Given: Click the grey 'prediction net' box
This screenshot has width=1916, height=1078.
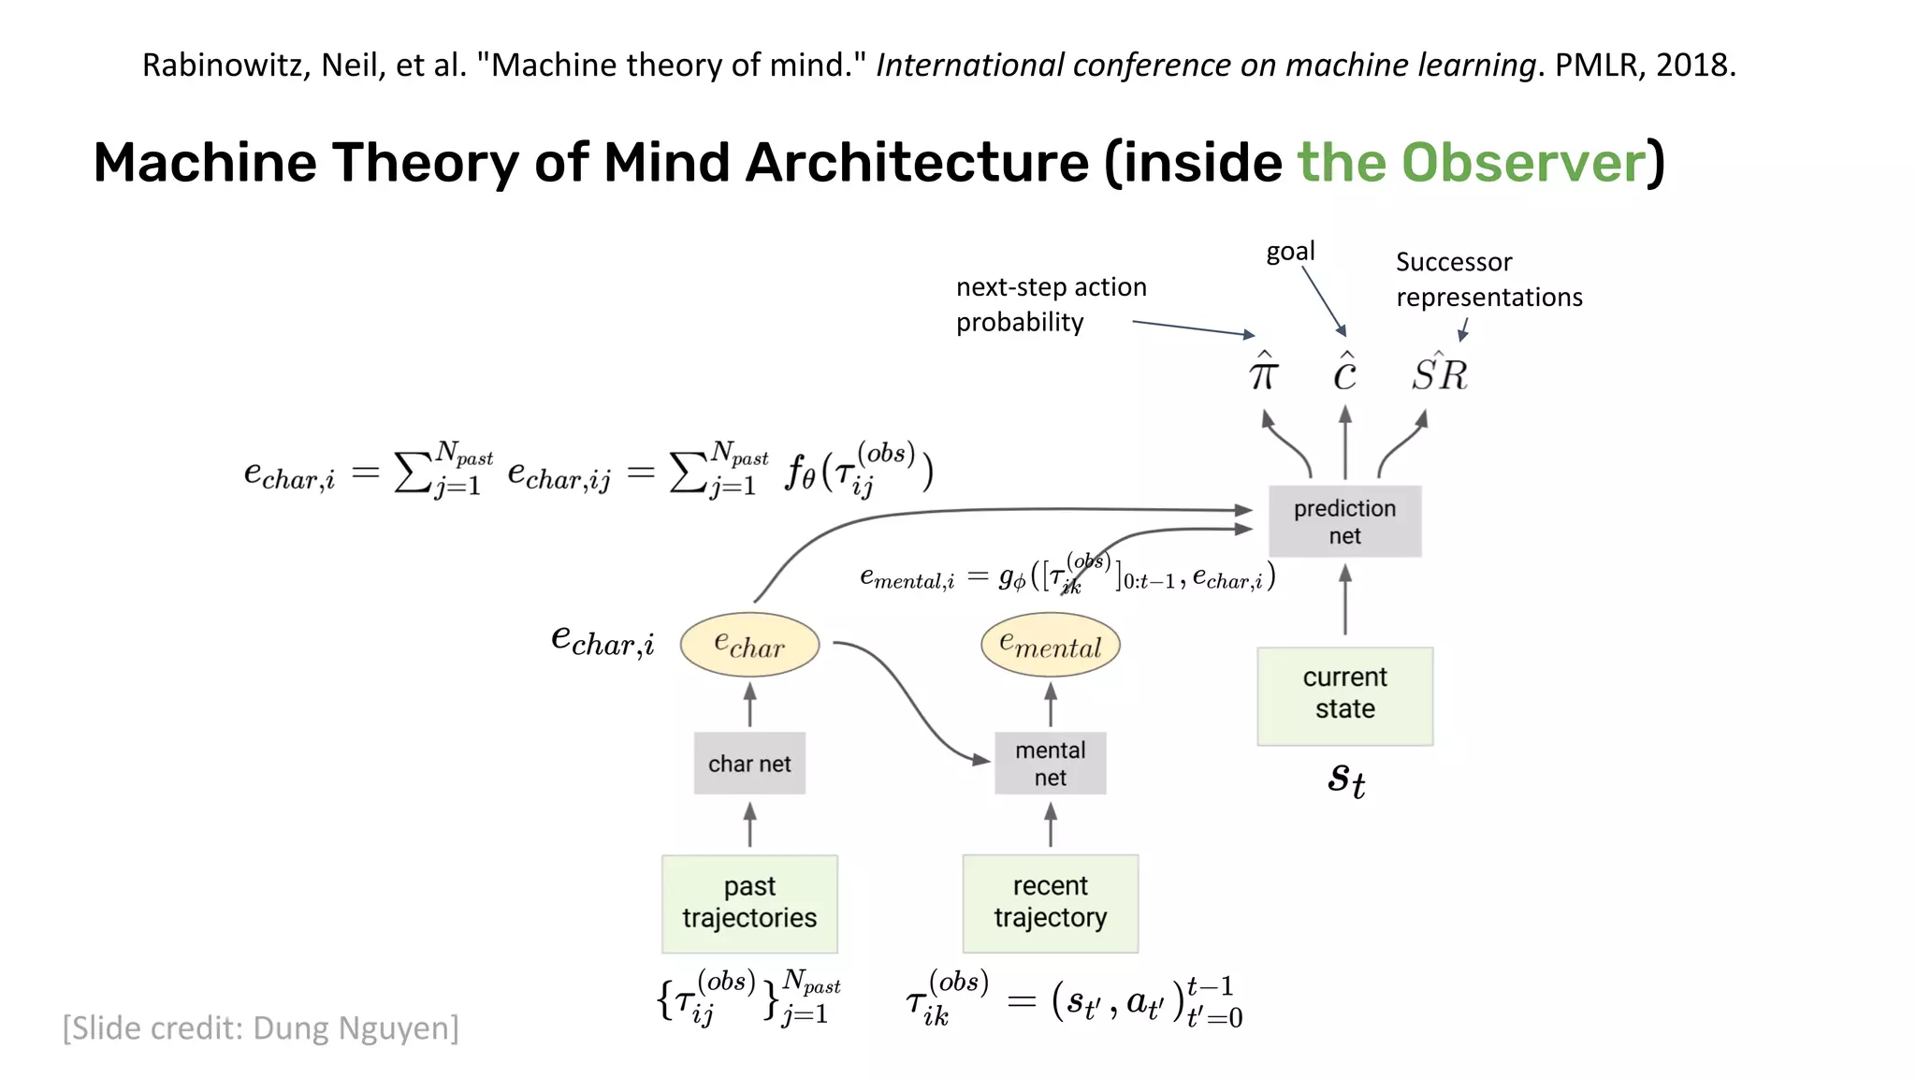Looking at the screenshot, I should coord(1344,521).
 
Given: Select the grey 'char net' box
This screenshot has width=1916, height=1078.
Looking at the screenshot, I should coord(749,764).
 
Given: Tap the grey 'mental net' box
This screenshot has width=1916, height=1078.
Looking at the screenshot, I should coord(1050,764).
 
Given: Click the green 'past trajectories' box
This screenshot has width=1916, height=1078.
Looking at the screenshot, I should coord(749,903).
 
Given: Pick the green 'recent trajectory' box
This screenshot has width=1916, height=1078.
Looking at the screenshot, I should coord(1050,903).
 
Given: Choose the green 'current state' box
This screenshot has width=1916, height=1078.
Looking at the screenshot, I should coord(1344,695).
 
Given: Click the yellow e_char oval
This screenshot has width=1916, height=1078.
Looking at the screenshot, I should coord(749,645).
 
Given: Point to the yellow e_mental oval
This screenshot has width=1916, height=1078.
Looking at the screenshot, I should coord(1050,645).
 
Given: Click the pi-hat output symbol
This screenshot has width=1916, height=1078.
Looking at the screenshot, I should coord(1263,373).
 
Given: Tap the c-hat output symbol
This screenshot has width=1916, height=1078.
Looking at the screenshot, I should coord(1344,373).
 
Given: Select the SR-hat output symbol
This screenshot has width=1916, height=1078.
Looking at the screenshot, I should coord(1440,373).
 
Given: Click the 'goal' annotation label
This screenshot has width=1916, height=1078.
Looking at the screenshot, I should coord(1290,251).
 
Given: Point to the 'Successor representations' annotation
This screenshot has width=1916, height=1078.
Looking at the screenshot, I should coord(1488,279).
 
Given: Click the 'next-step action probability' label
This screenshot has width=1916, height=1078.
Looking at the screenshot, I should coord(1050,304).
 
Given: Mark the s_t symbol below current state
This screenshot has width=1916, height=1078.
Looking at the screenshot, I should coord(1346,779).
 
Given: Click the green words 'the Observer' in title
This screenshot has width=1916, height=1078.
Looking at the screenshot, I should coord(1470,163).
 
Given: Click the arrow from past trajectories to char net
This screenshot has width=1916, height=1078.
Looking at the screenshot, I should coord(749,824).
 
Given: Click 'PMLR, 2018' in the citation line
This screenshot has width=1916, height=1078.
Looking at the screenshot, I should coord(1645,65).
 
